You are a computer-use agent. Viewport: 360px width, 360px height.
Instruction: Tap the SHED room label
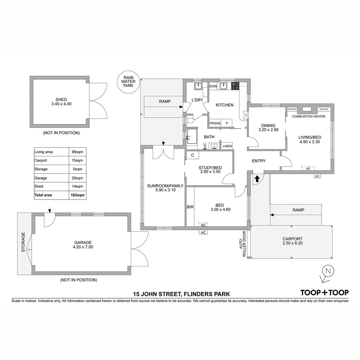coord(61,99)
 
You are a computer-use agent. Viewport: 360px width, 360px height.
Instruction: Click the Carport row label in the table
coord(41,160)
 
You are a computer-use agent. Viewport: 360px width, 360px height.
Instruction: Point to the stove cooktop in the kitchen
coord(235,86)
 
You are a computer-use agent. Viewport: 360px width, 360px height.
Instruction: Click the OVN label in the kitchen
coord(213,86)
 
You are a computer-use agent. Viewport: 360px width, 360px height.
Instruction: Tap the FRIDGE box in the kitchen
coord(215,123)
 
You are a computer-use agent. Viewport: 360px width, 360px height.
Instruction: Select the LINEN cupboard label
coord(227,146)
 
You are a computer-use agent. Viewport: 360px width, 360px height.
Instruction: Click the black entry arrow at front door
coord(257,179)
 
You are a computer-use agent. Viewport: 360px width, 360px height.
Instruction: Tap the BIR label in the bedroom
coord(190,207)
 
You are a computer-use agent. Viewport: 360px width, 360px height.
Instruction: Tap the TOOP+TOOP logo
coord(324,293)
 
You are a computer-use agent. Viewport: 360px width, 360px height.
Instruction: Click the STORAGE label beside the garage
coord(23,242)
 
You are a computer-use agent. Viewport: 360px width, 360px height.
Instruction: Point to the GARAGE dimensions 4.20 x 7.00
coord(83,247)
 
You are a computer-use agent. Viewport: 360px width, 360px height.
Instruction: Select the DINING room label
coord(268,125)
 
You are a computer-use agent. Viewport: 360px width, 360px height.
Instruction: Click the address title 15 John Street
coord(181,294)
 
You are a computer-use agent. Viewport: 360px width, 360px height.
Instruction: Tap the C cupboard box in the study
coord(193,155)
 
